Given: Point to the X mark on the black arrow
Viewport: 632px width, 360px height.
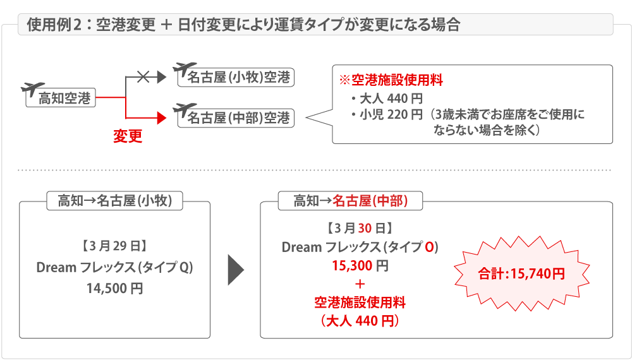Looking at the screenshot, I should click(143, 76).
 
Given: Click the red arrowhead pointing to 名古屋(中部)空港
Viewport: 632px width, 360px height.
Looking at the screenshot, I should click(161, 117).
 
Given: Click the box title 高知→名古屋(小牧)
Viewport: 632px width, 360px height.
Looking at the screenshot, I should click(114, 201).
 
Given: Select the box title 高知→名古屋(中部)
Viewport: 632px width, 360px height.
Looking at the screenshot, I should click(351, 201).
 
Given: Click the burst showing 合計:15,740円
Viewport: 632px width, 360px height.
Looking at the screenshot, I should click(521, 274).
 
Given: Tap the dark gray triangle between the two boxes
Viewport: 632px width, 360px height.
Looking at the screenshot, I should click(235, 270).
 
